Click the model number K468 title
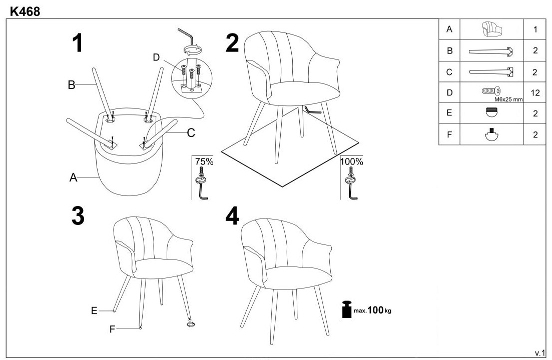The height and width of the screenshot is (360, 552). [x=25, y=11]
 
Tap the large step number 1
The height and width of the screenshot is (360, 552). [x=78, y=43]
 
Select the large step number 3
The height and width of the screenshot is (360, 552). [x=78, y=216]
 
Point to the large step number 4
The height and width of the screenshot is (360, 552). [x=232, y=216]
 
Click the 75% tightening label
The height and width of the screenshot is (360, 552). [x=204, y=161]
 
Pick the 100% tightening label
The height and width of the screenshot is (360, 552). [x=351, y=161]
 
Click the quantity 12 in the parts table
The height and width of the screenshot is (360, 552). [x=535, y=93]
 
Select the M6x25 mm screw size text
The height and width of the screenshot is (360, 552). [x=508, y=99]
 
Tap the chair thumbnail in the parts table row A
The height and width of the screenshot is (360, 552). [x=491, y=29]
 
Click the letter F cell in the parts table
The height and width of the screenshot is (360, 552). [x=449, y=134]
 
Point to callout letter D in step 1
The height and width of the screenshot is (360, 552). [x=156, y=57]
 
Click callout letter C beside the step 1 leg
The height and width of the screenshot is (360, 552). [x=191, y=133]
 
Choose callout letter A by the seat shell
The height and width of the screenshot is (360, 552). [x=73, y=177]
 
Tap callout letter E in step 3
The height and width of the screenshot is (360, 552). [x=94, y=311]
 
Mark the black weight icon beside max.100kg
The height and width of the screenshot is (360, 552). [x=347, y=309]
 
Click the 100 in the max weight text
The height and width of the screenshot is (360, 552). [x=375, y=309]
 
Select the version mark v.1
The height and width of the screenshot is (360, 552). [x=539, y=353]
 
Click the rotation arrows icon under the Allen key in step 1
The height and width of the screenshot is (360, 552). [x=193, y=50]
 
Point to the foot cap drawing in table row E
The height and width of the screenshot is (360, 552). [x=491, y=112]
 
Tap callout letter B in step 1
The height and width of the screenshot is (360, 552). [x=72, y=85]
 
